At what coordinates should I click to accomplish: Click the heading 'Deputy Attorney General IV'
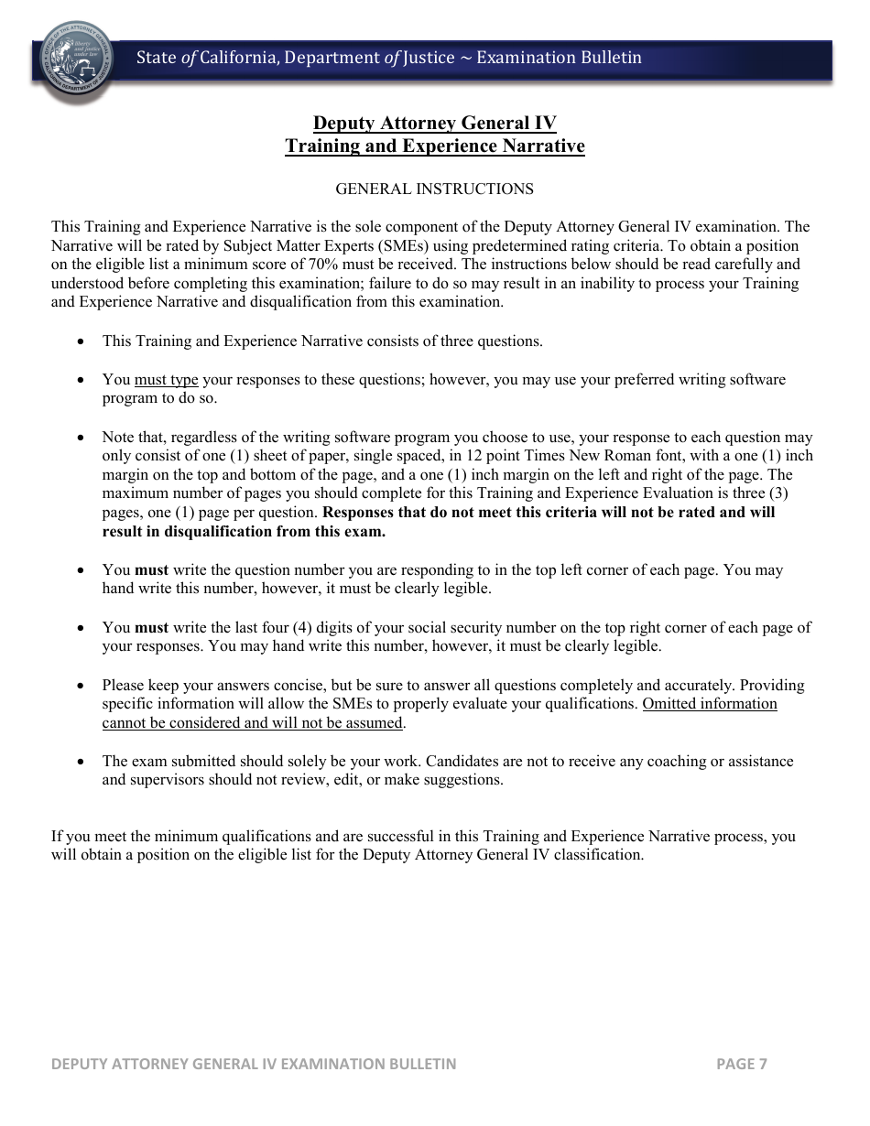pos(434,124)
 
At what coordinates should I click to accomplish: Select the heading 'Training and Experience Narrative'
pos(434,146)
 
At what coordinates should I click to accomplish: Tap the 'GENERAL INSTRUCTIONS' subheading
pos(434,189)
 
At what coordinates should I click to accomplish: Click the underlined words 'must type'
pos(166,380)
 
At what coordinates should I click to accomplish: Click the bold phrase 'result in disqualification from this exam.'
pos(244,532)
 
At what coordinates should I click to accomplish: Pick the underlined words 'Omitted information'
pos(710,704)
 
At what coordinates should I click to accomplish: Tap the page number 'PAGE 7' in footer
pos(741,1064)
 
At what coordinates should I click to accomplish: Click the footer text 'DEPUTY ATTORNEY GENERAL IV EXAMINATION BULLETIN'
pos(254,1064)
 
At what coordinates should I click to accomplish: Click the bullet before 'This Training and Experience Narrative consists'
pos(82,341)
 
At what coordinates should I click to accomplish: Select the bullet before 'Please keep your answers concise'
pos(82,685)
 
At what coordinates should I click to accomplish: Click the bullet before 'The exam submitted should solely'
pos(82,762)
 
